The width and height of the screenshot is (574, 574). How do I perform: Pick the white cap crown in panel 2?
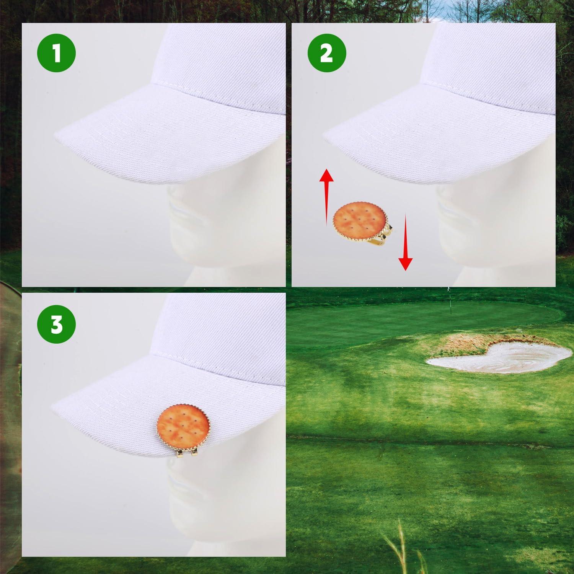pyautogui.click(x=494, y=65)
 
